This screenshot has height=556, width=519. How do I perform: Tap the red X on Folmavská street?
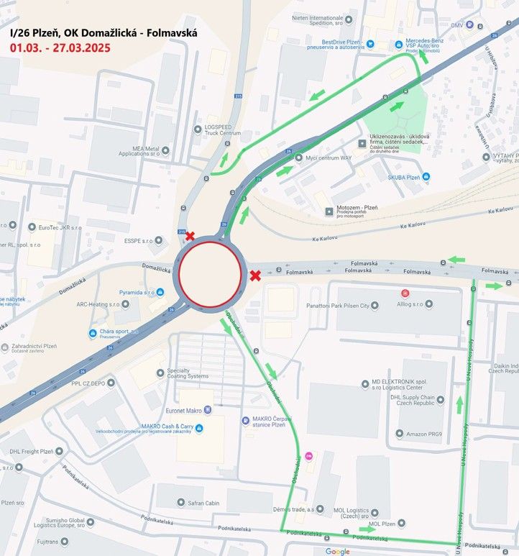pyautogui.click(x=255, y=275)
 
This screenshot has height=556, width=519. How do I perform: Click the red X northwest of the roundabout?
pyautogui.click(x=190, y=236)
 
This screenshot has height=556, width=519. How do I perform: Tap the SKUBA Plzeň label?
pyautogui.click(x=403, y=176)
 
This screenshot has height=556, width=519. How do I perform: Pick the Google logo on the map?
pyautogui.click(x=337, y=551)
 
